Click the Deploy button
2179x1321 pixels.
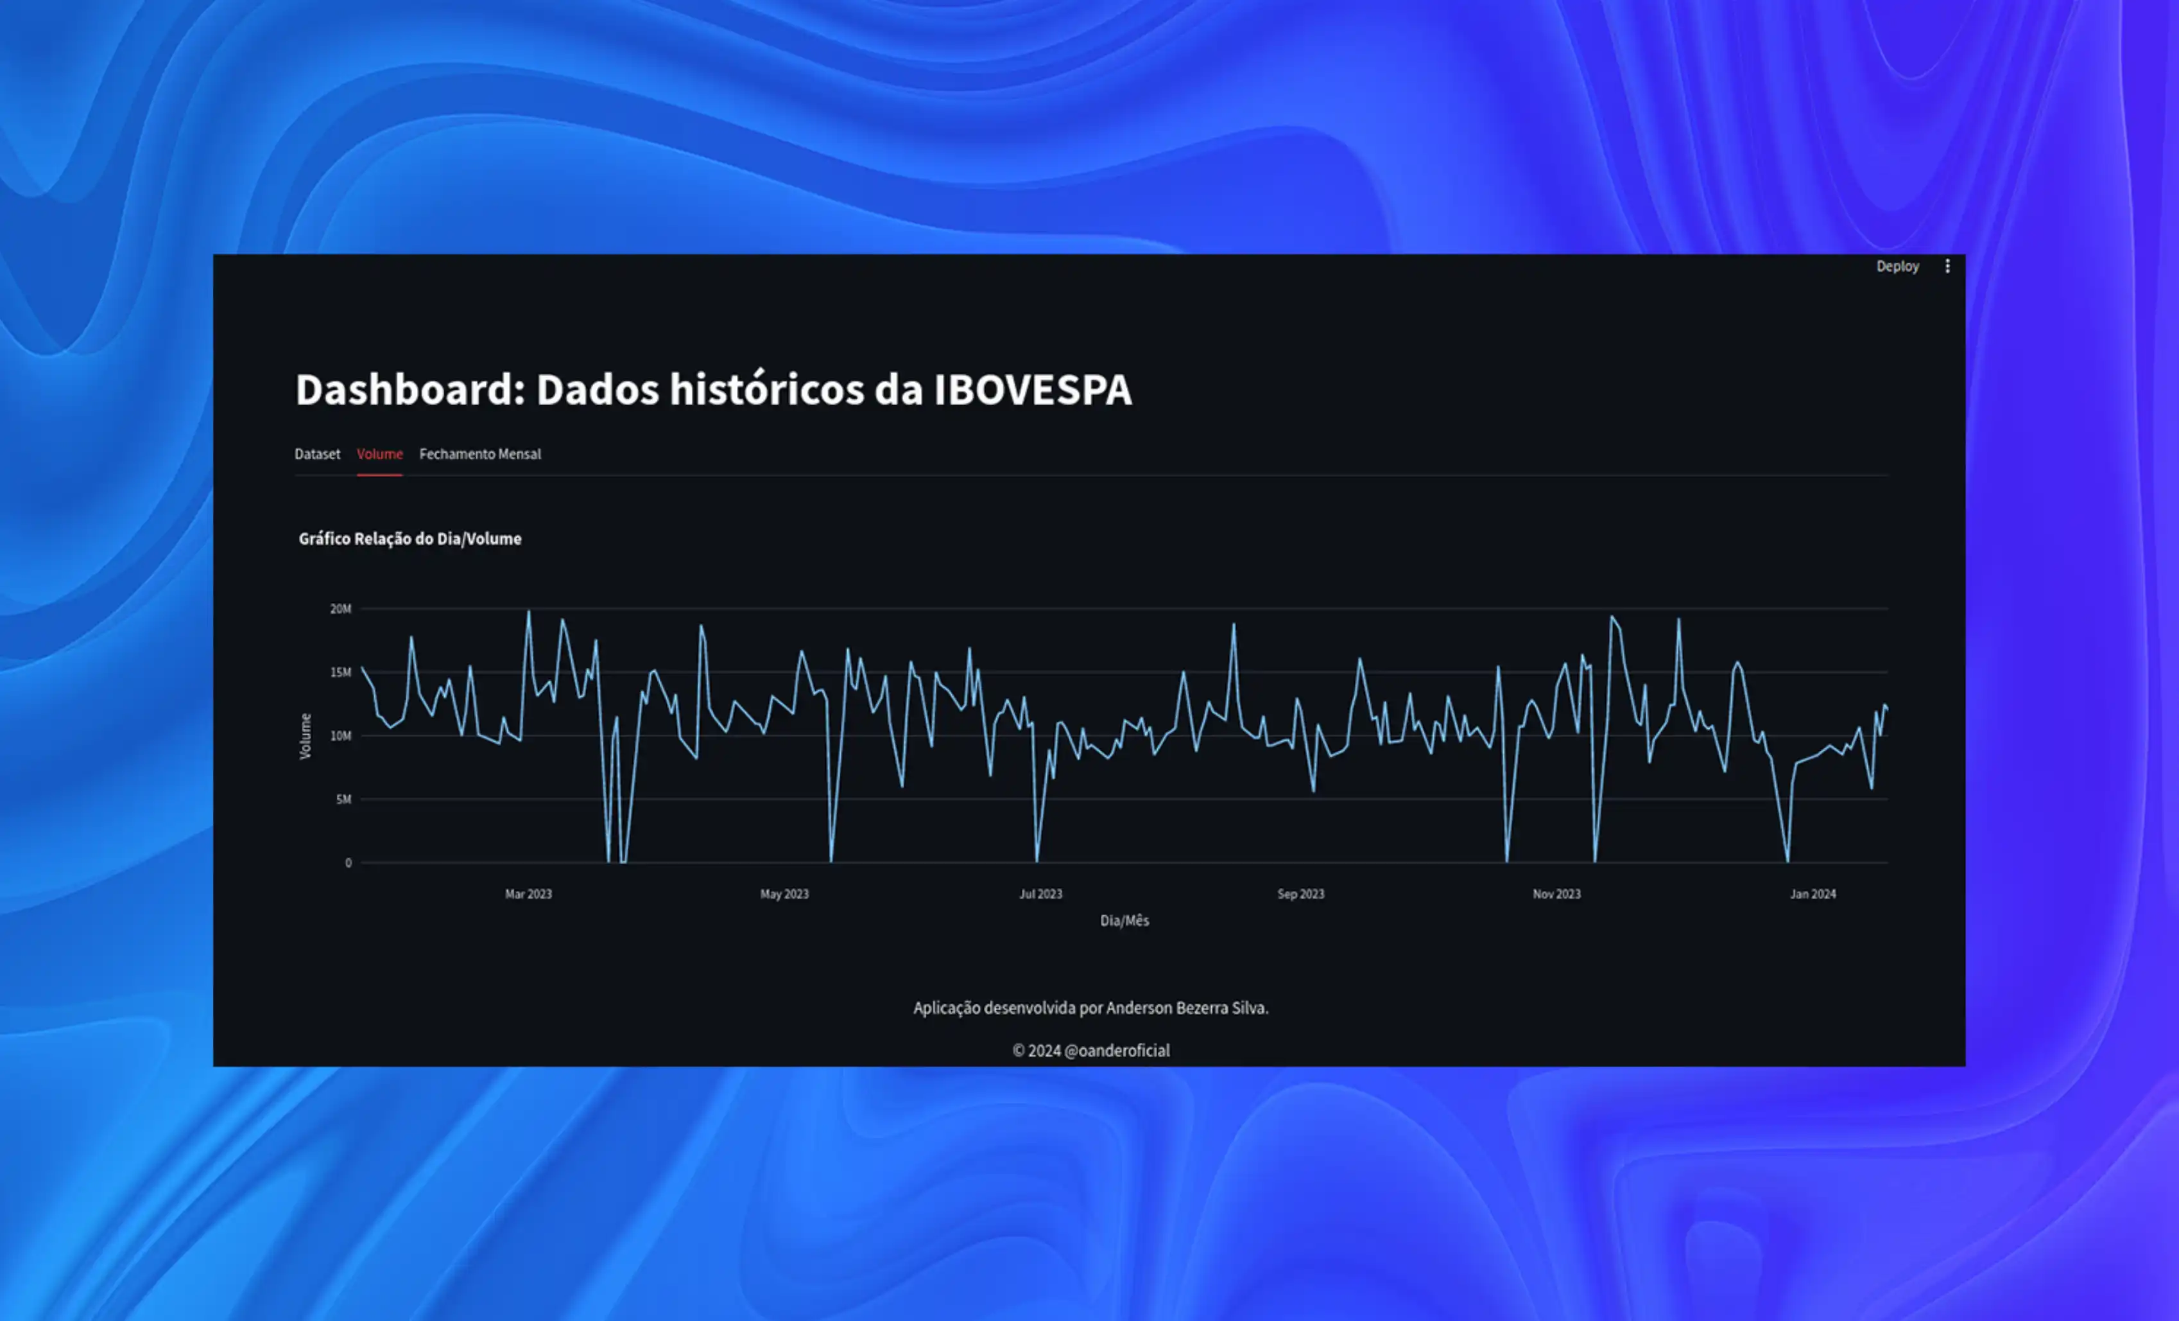tap(1897, 267)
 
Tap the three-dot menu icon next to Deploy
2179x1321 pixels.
tap(1947, 267)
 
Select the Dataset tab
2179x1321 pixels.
tap(316, 454)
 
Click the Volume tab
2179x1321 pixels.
tap(379, 454)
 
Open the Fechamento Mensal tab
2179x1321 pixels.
tap(479, 454)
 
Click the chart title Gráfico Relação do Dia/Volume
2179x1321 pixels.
tap(409, 539)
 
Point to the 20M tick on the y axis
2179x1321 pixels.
tap(340, 609)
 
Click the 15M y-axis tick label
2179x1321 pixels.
tap(340, 672)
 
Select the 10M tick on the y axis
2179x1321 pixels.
tap(340, 736)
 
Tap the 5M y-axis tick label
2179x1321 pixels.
tap(343, 800)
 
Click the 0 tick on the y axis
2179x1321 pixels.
tap(349, 862)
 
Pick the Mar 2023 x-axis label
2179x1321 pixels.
tap(528, 894)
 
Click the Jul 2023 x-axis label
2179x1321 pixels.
tap(1040, 894)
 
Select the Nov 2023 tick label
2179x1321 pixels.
tap(1556, 894)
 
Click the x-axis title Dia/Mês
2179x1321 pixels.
tap(1124, 920)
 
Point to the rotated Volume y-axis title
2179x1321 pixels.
tap(305, 736)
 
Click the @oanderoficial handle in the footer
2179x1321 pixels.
tap(1117, 1050)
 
